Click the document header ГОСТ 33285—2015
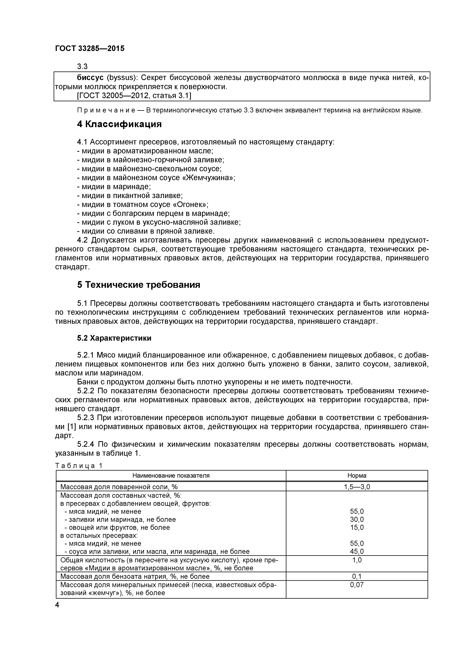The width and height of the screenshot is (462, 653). (x=90, y=49)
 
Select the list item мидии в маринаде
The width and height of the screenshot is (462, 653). (x=114, y=187)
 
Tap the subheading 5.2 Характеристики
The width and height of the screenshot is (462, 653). (x=114, y=338)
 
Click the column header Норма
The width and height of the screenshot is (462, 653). (x=357, y=476)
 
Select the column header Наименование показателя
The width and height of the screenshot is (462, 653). (x=171, y=476)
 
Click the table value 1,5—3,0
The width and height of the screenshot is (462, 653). (x=357, y=487)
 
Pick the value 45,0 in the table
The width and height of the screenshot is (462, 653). (x=357, y=552)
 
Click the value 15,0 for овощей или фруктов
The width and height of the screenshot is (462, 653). (x=357, y=528)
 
